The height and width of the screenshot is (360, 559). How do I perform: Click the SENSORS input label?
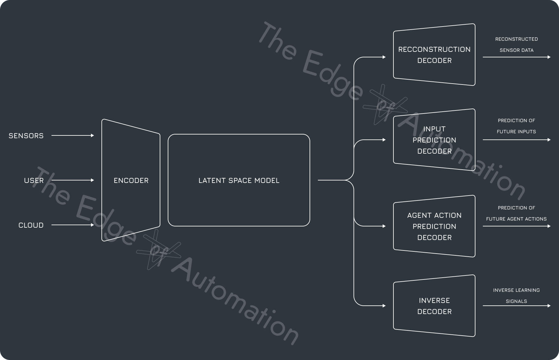pyautogui.click(x=26, y=136)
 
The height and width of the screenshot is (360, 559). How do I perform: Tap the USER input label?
pyautogui.click(x=34, y=180)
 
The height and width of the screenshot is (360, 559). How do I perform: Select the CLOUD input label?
pyautogui.click(x=31, y=225)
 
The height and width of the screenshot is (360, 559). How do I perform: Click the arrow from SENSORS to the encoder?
pyautogui.click(x=72, y=135)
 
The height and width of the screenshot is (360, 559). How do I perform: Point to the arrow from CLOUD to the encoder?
pyautogui.click(x=72, y=225)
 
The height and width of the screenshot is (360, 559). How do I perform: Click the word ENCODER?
pyautogui.click(x=131, y=180)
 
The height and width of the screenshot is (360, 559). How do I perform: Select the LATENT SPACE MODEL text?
pyautogui.click(x=239, y=180)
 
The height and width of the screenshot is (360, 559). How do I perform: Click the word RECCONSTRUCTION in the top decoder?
pyautogui.click(x=434, y=49)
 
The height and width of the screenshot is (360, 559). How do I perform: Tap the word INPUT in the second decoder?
pyautogui.click(x=434, y=129)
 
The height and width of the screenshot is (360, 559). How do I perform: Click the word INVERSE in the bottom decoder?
pyautogui.click(x=434, y=300)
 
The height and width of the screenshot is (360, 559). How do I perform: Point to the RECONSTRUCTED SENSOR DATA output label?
pyautogui.click(x=516, y=44)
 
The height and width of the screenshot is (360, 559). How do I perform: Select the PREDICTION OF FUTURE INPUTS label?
pyautogui.click(x=516, y=126)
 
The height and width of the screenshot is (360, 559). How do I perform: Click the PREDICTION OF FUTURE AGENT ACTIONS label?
pyautogui.click(x=516, y=213)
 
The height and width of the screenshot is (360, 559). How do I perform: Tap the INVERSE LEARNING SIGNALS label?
pyautogui.click(x=516, y=296)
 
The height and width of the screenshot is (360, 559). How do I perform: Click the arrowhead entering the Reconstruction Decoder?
pyautogui.click(x=384, y=57)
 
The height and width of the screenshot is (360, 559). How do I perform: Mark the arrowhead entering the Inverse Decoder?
pyautogui.click(x=384, y=306)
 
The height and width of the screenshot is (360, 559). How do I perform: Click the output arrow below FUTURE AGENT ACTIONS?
pyautogui.click(x=516, y=226)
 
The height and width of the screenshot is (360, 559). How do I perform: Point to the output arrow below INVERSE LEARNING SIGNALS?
pyautogui.click(x=516, y=306)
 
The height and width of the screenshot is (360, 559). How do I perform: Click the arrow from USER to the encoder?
pyautogui.click(x=72, y=180)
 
